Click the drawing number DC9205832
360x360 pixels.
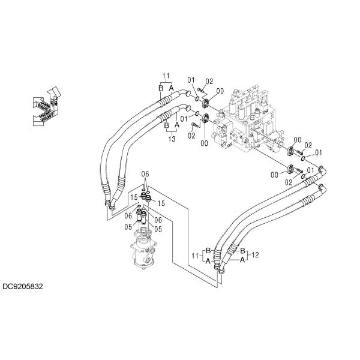click(x=23, y=287)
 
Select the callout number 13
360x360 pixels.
click(x=172, y=139)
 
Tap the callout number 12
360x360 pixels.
click(x=255, y=255)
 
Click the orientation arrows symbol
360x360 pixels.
click(x=46, y=106)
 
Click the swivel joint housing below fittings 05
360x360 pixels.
click(x=144, y=248)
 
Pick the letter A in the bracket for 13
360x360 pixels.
click(x=177, y=125)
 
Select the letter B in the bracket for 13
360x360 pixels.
click(x=167, y=125)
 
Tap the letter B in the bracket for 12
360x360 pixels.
click(x=242, y=251)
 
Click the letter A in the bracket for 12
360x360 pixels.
click(x=242, y=260)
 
